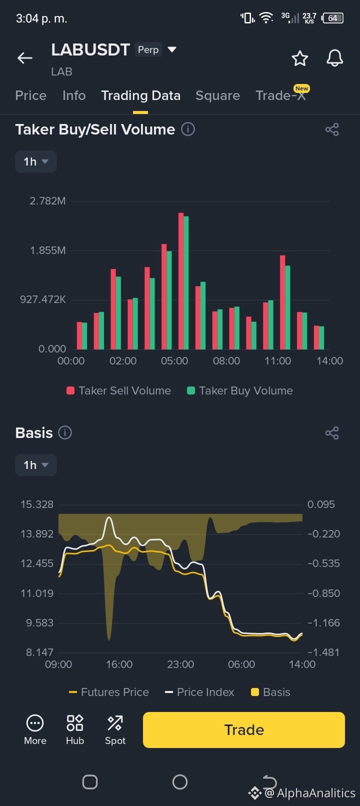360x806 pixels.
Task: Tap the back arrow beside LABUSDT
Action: [25, 57]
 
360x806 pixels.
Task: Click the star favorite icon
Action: [299, 58]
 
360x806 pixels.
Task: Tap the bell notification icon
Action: [334, 58]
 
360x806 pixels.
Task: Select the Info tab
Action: [74, 95]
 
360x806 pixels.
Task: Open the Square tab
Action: [217, 95]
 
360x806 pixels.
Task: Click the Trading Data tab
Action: [141, 95]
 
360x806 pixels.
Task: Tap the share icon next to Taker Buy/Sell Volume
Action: [332, 129]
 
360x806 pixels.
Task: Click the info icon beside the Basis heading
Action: [65, 432]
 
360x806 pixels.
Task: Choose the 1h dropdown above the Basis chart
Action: [35, 465]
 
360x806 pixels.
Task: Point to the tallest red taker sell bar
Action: [181, 281]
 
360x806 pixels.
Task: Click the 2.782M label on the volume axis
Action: [47, 201]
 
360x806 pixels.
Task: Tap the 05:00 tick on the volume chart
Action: [174, 360]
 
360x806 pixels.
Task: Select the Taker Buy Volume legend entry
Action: [240, 391]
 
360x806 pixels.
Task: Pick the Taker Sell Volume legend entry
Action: [119, 391]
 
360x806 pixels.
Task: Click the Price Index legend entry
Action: [199, 692]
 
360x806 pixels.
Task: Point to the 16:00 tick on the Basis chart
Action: [119, 664]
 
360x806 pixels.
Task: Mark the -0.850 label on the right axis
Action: [323, 593]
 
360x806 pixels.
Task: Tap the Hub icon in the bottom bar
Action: [75, 729]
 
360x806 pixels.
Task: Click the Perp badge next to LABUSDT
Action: [148, 49]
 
